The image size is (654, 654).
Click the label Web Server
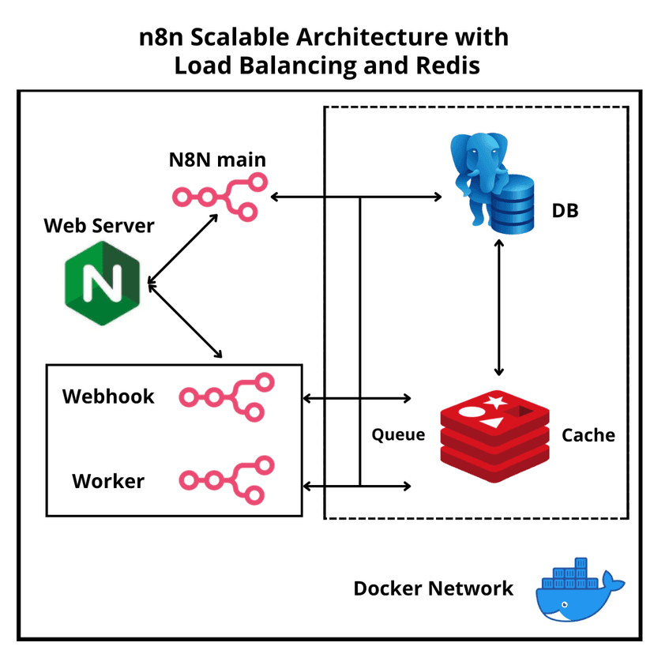pos(99,226)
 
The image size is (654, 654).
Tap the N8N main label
pos(217,160)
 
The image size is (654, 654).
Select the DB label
pos(565,211)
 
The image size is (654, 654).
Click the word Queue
pos(398,435)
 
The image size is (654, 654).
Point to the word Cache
pos(588,435)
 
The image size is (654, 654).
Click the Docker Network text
pos(433,588)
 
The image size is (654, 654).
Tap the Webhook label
pos(108,396)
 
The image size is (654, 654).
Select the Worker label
pos(108,480)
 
